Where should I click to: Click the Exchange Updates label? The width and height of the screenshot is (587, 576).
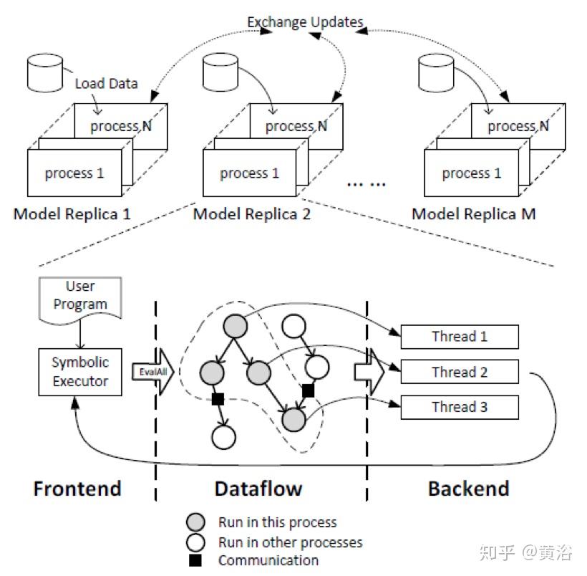coord(305,22)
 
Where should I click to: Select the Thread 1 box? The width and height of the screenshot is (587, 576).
coord(459,337)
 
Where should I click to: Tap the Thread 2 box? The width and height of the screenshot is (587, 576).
coord(459,372)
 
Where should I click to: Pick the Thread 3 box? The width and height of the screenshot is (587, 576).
coord(459,407)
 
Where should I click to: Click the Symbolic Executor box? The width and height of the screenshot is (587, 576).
coord(79,372)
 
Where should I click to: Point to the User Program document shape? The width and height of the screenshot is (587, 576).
coord(80,297)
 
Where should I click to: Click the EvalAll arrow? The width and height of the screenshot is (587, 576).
coord(151,372)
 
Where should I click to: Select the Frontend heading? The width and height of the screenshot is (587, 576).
coord(77,489)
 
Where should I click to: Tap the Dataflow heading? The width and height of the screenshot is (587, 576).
coord(258,489)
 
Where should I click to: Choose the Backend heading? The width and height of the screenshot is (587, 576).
coord(468,489)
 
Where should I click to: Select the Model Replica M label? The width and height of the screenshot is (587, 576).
coord(473,213)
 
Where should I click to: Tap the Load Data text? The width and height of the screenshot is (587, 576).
coord(106,83)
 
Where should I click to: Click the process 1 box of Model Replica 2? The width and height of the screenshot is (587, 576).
coord(250,174)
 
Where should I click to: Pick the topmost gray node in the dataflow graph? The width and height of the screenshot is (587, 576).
coord(235,327)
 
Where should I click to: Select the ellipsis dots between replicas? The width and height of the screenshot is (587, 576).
coord(366,184)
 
